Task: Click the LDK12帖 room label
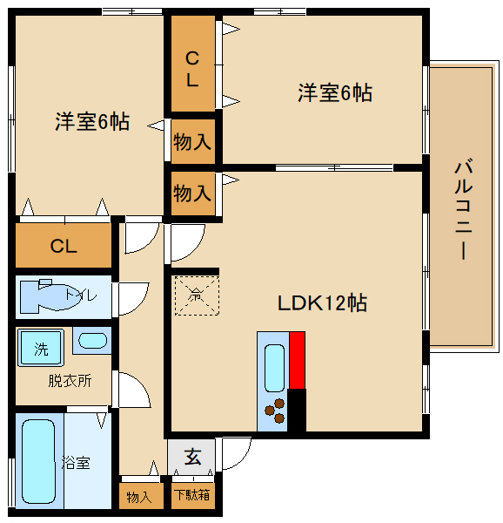[x=322, y=303]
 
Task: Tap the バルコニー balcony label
[x=463, y=209]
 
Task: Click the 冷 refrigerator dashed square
[x=196, y=295]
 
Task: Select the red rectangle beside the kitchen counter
[x=298, y=360]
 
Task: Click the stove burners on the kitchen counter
[x=277, y=410]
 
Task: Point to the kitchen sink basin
[x=273, y=367]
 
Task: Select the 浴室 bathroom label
[x=75, y=463]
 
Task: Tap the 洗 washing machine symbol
[x=41, y=350]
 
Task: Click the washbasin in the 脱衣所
[x=91, y=342]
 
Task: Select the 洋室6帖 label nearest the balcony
[x=335, y=92]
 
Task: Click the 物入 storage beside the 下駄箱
[x=139, y=497]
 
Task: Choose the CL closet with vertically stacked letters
[x=193, y=69]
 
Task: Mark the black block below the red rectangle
[x=298, y=410]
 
